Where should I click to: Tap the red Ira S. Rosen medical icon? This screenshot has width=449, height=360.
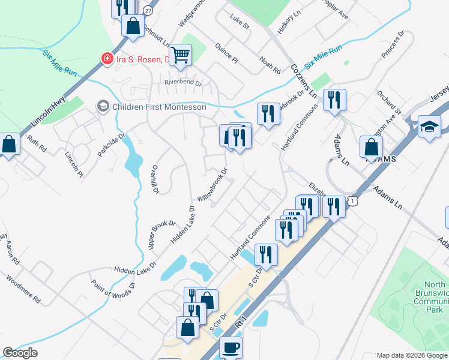[107, 59]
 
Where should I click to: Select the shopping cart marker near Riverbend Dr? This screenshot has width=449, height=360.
[180, 55]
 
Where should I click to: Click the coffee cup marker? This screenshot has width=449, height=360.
[231, 347]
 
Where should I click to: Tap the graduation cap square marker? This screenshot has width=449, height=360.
[429, 127]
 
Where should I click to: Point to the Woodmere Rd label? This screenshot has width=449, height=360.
[23, 289]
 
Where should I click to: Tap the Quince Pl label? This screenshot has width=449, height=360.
[227, 53]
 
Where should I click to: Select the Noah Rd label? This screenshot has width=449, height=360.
[270, 65]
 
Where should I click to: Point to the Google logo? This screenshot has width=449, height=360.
[20, 353]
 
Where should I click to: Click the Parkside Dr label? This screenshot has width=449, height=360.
[111, 144]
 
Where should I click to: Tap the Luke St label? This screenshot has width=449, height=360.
[240, 26]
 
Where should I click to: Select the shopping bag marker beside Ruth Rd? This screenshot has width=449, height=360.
[9, 145]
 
